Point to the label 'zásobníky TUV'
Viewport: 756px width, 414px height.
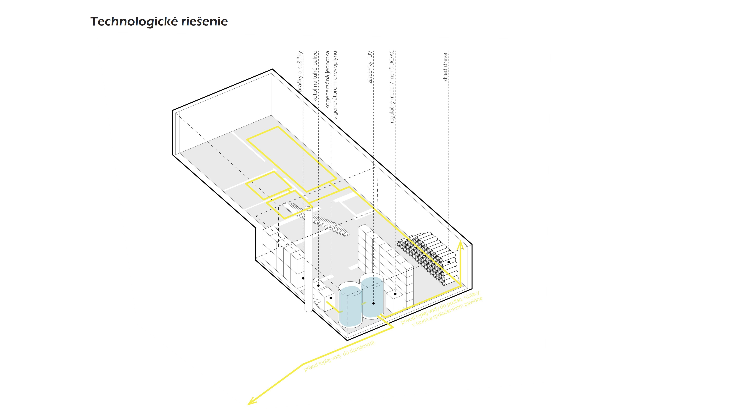pos(370,67)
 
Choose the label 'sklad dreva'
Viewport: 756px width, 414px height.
pos(445,67)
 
